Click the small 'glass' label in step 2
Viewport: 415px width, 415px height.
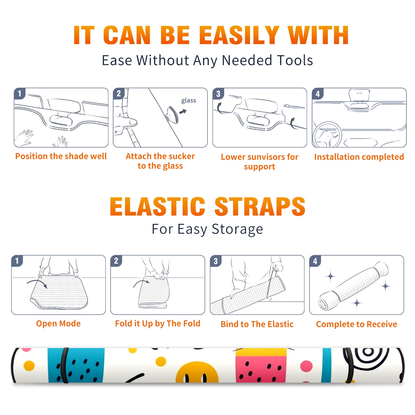[189, 101]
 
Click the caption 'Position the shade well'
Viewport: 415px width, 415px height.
[61, 156]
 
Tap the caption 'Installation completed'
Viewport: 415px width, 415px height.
[359, 157]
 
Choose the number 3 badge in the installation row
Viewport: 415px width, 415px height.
[218, 94]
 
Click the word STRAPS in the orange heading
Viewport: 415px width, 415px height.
[260, 206]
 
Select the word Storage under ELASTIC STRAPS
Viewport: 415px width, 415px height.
[237, 229]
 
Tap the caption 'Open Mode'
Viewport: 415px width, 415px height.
[58, 323]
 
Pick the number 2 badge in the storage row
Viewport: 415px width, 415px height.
[116, 261]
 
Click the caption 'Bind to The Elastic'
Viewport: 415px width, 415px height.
[257, 324]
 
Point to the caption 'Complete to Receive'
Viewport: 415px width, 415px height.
[357, 324]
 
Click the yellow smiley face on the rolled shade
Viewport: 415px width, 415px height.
[197, 372]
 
